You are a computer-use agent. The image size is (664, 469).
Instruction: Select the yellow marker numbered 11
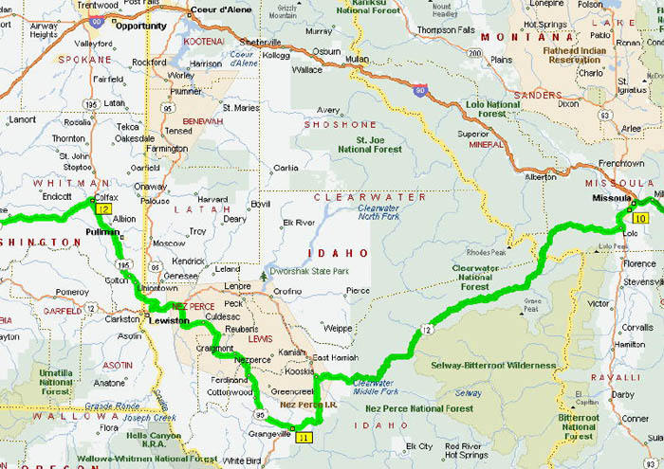point(303,438)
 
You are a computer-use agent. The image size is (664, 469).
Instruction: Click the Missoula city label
point(610,199)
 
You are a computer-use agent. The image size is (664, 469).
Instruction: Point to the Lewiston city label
point(170,321)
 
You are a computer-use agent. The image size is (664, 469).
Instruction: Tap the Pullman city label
point(102,231)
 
